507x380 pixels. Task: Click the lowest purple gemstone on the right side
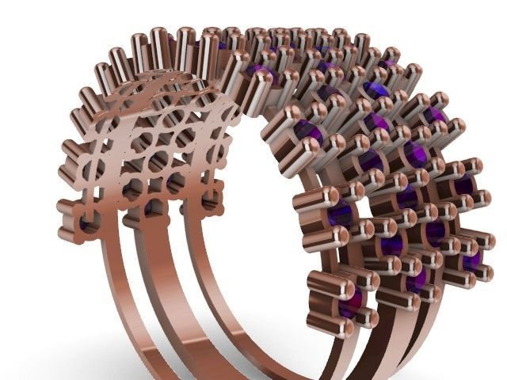point(350,301)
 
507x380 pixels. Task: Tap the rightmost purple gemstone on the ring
point(473,261)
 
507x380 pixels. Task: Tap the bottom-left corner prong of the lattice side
point(67,234)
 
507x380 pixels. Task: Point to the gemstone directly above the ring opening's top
point(261,75)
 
